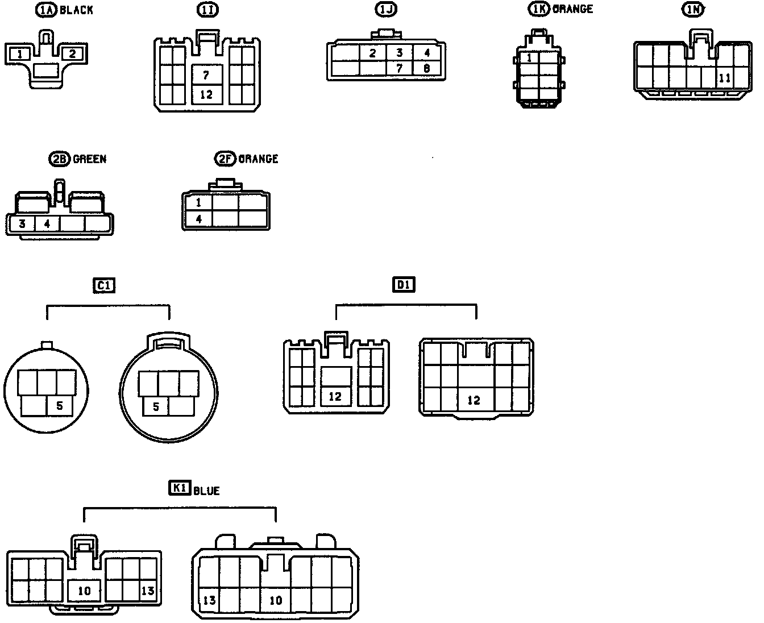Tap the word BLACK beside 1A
click(76, 10)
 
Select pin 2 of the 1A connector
click(72, 54)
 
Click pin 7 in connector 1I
click(206, 75)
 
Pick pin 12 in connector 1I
click(206, 94)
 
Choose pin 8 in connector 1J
click(426, 69)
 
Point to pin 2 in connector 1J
click(372, 53)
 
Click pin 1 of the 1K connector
click(529, 57)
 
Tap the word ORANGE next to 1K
click(572, 9)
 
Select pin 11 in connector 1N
click(725, 78)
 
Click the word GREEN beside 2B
click(90, 159)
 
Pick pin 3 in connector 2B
click(22, 223)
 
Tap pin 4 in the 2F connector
click(198, 218)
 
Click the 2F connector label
click(225, 159)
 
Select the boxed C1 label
click(103, 285)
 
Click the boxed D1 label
click(404, 284)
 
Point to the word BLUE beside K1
click(206, 490)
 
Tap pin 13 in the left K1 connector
click(147, 591)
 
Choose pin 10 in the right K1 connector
click(276, 600)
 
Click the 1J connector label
click(386, 10)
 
